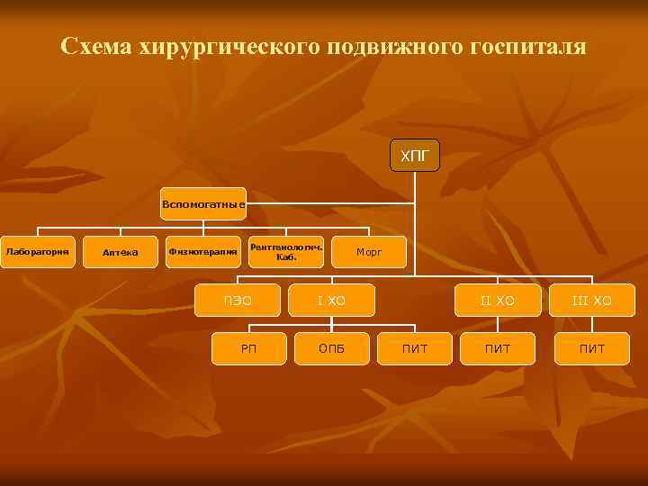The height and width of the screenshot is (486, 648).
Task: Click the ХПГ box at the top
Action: click(415, 157)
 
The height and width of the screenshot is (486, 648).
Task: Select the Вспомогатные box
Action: click(203, 204)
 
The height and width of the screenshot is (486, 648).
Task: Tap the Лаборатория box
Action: click(37, 252)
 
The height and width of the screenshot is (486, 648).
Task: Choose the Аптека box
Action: click(121, 252)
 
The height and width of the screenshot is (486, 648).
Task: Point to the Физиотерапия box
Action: click(203, 252)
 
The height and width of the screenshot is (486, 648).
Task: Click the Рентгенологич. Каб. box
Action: click(286, 252)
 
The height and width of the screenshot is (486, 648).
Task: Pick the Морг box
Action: click(369, 253)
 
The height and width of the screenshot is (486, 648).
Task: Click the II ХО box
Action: click(498, 300)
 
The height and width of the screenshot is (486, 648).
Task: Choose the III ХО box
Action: click(591, 300)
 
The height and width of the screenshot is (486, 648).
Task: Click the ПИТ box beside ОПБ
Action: click(415, 348)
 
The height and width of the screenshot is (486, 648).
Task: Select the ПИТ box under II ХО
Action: click(498, 348)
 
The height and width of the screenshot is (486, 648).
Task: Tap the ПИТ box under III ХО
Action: click(591, 348)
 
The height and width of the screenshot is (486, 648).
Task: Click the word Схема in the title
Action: click(97, 46)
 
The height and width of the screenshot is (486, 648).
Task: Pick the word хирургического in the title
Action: click(228, 46)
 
